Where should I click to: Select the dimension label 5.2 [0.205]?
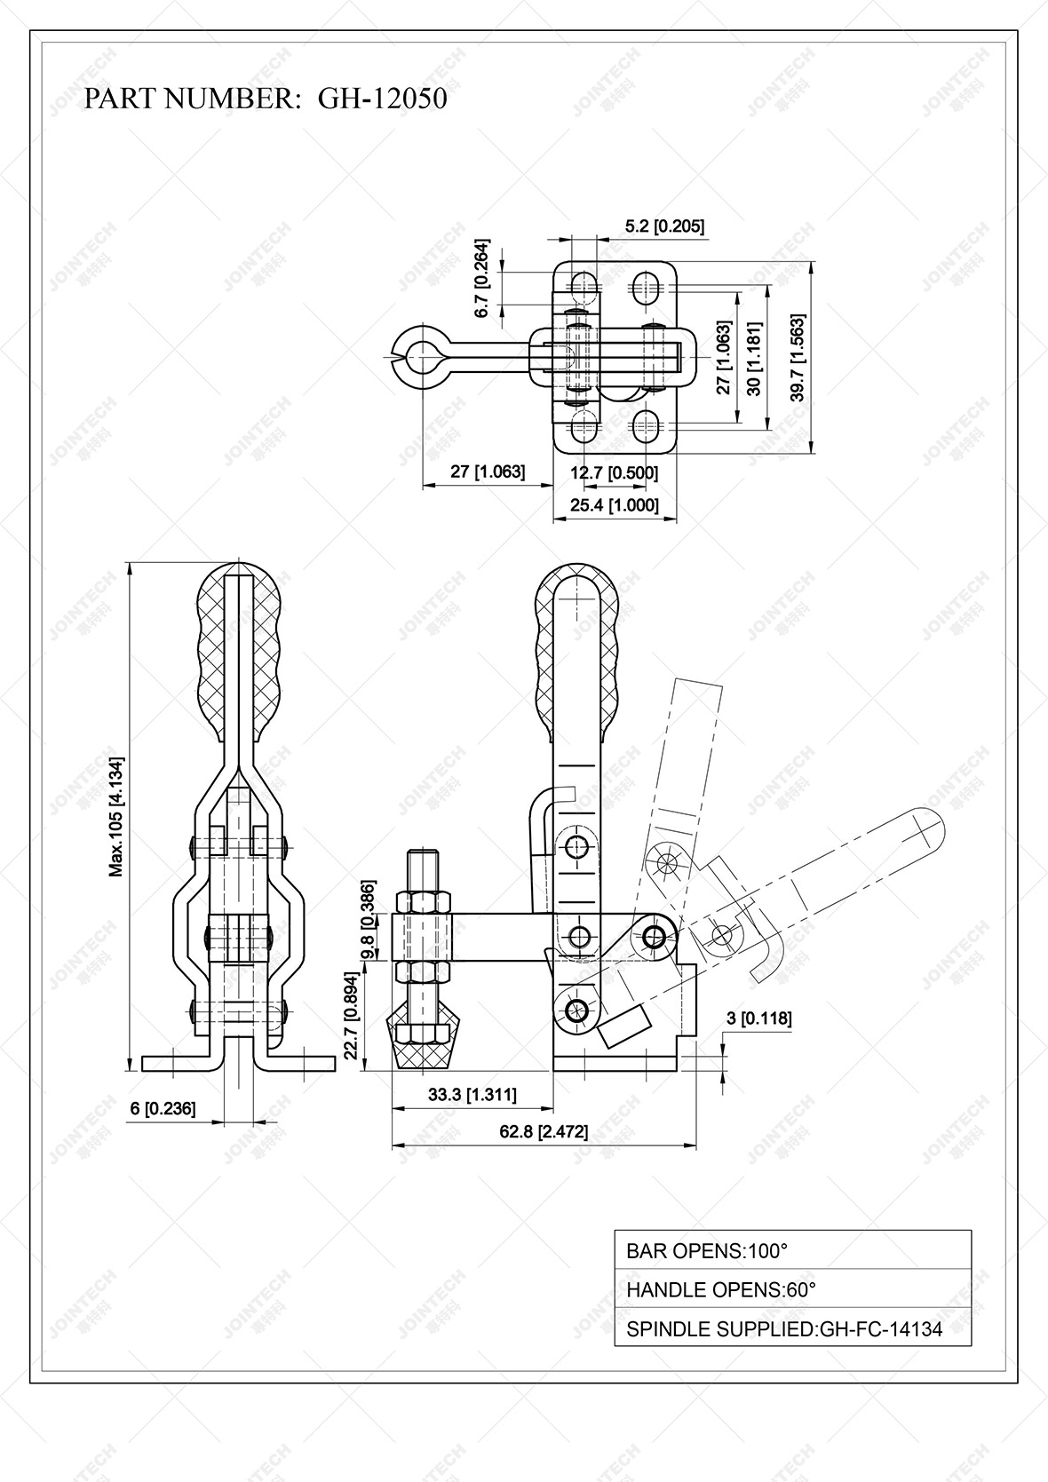(x=664, y=226)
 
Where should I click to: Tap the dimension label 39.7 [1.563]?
(x=798, y=358)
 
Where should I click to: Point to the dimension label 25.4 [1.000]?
(x=615, y=505)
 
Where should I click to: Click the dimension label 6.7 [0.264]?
(x=482, y=278)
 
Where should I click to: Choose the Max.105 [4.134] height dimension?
(x=116, y=816)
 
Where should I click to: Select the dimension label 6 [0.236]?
(x=163, y=1108)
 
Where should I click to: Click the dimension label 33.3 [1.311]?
(x=472, y=1094)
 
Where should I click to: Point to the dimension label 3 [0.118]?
(x=758, y=1018)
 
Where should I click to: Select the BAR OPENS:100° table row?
(x=792, y=1250)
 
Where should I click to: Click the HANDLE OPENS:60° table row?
(x=792, y=1289)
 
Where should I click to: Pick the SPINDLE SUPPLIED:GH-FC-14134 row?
(x=792, y=1328)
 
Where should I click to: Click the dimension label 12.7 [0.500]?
(x=614, y=472)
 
